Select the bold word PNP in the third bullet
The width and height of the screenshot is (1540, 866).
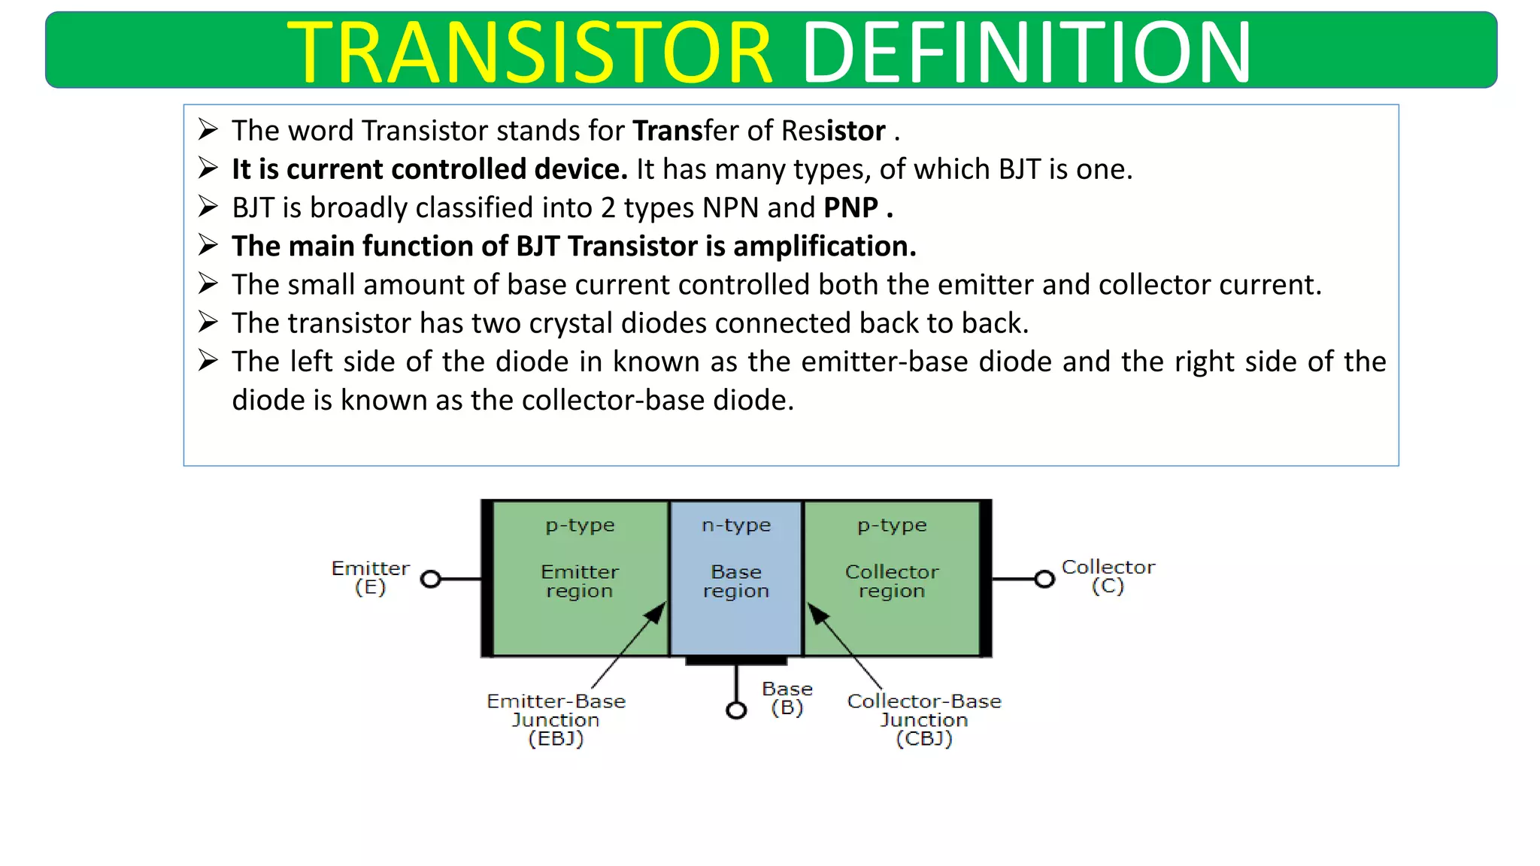pyautogui.click(x=850, y=207)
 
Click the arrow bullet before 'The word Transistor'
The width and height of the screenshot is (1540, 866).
pyautogui.click(x=208, y=129)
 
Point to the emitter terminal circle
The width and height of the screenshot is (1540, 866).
pyautogui.click(x=431, y=579)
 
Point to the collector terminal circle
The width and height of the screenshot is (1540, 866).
pyautogui.click(x=1044, y=579)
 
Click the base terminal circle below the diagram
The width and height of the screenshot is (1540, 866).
pyautogui.click(x=736, y=710)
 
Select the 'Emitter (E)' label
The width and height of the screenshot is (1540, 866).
pyautogui.click(x=371, y=577)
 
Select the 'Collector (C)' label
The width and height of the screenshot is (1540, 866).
pyautogui.click(x=1108, y=577)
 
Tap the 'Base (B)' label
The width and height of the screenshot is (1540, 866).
pyautogui.click(x=787, y=698)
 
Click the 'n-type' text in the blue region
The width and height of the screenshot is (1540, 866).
pyautogui.click(x=736, y=525)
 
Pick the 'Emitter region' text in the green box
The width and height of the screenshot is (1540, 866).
pyautogui.click(x=580, y=581)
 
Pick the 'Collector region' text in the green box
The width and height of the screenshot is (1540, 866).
pyautogui.click(x=892, y=581)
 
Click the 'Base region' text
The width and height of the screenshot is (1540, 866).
pyautogui.click(x=736, y=581)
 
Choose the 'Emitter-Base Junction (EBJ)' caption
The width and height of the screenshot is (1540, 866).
pyautogui.click(x=556, y=719)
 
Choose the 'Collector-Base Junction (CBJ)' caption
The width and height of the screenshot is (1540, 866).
pyautogui.click(x=924, y=719)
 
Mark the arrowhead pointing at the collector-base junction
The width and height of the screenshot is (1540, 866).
pyautogui.click(x=817, y=613)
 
